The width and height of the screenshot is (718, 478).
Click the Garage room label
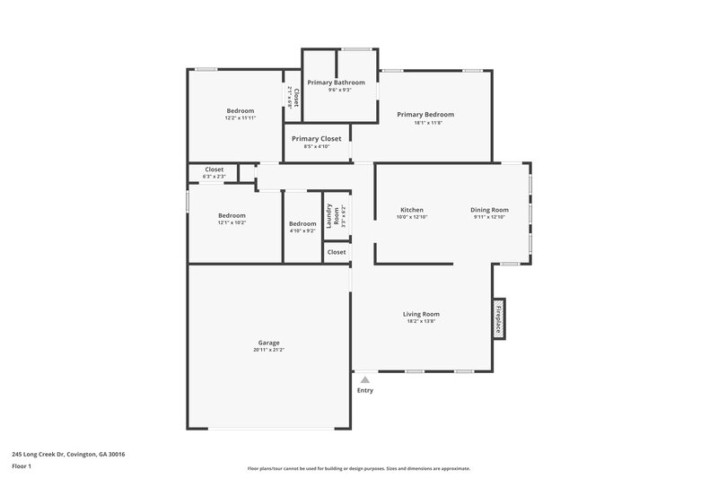click(x=268, y=343)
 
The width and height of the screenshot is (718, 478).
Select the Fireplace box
click(x=498, y=318)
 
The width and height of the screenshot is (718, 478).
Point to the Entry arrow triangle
click(x=364, y=380)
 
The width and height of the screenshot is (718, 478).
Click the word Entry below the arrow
click(x=364, y=391)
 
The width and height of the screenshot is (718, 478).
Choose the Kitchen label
click(x=411, y=210)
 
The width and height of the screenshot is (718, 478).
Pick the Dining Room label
click(x=489, y=210)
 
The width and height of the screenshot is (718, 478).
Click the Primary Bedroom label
click(x=425, y=115)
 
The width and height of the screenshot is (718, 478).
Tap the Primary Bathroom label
click(x=336, y=83)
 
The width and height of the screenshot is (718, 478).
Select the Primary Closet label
click(x=316, y=139)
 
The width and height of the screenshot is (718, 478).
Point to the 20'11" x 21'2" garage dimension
click(x=268, y=350)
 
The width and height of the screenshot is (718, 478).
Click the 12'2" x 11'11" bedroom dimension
click(x=241, y=118)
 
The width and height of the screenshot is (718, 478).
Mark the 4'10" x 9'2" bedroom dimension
click(x=302, y=230)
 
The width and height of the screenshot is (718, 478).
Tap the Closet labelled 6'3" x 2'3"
click(x=214, y=169)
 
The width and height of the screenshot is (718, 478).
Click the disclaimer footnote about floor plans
click(x=358, y=468)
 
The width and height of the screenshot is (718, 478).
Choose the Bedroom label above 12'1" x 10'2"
click(x=232, y=215)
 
